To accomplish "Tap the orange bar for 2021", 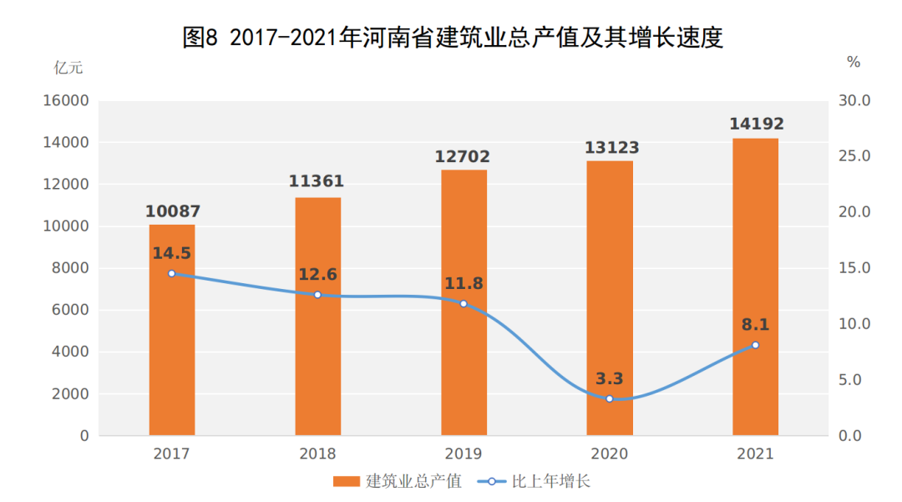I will (x=755, y=251).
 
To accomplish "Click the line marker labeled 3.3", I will (x=610, y=398).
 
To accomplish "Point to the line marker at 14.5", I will (x=172, y=273).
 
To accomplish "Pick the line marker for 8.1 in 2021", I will (x=755, y=345).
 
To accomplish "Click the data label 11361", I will (x=317, y=182).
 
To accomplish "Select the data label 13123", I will (x=610, y=148).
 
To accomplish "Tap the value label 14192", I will (x=756, y=124).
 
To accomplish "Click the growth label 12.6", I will (x=317, y=274).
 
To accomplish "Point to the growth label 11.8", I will (x=464, y=283).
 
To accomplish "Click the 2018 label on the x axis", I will (x=317, y=454).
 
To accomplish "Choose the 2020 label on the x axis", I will (x=610, y=454).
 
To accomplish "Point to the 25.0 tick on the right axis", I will (x=854, y=157).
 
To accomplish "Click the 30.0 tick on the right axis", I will (x=854, y=101).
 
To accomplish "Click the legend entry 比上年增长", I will (x=535, y=482).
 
